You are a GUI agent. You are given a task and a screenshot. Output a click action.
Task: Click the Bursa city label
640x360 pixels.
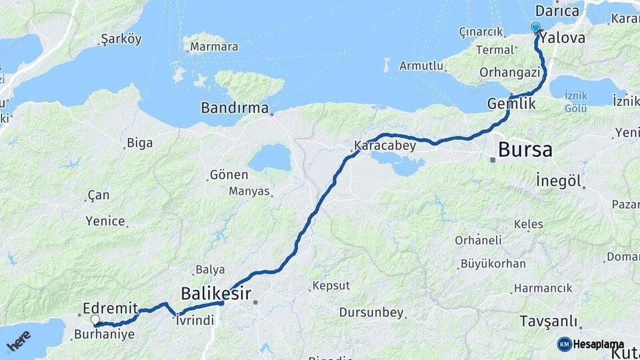tap(525, 149)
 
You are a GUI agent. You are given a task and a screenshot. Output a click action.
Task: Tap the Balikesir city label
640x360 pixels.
tap(216, 293)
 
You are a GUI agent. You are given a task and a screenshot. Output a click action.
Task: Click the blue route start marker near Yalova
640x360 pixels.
tap(535, 27)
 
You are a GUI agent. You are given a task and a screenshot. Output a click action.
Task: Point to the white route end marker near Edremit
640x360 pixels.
tap(95, 319)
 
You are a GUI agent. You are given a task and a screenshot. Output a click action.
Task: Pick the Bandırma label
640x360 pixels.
tap(235, 108)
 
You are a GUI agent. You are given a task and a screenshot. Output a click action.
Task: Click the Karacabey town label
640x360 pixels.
tap(385, 145)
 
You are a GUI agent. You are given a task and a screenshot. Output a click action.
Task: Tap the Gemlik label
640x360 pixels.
tap(511, 104)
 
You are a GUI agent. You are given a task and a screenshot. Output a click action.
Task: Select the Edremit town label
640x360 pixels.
tap(111, 308)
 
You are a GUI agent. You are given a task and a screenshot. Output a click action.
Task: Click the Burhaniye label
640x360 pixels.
tap(106, 335)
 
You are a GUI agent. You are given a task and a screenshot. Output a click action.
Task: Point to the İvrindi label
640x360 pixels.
tap(195, 321)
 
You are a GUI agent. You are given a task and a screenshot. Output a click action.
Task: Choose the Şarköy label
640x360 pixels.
tap(121, 39)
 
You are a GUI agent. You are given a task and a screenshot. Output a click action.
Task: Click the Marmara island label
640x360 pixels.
tap(214, 47)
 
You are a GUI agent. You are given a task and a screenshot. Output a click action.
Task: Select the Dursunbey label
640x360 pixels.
tap(371, 312)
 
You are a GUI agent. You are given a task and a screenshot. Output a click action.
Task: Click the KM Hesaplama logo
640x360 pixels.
tap(591, 344)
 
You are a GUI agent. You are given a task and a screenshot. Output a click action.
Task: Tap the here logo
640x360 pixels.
tap(19, 341)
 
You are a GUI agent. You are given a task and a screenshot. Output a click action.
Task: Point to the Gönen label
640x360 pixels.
tap(229, 175)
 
